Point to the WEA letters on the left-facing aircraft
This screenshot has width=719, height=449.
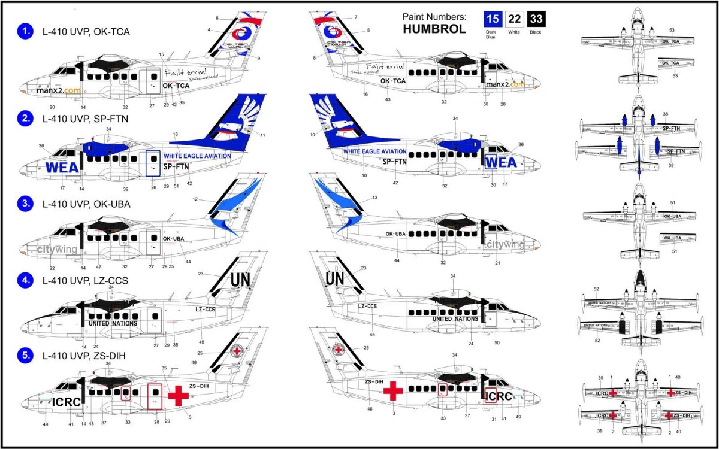click(x=62, y=167)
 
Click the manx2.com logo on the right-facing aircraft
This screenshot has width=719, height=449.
click(x=504, y=84)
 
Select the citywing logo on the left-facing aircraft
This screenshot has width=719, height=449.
click(x=57, y=249)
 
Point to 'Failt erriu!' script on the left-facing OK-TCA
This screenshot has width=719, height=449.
click(x=187, y=74)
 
